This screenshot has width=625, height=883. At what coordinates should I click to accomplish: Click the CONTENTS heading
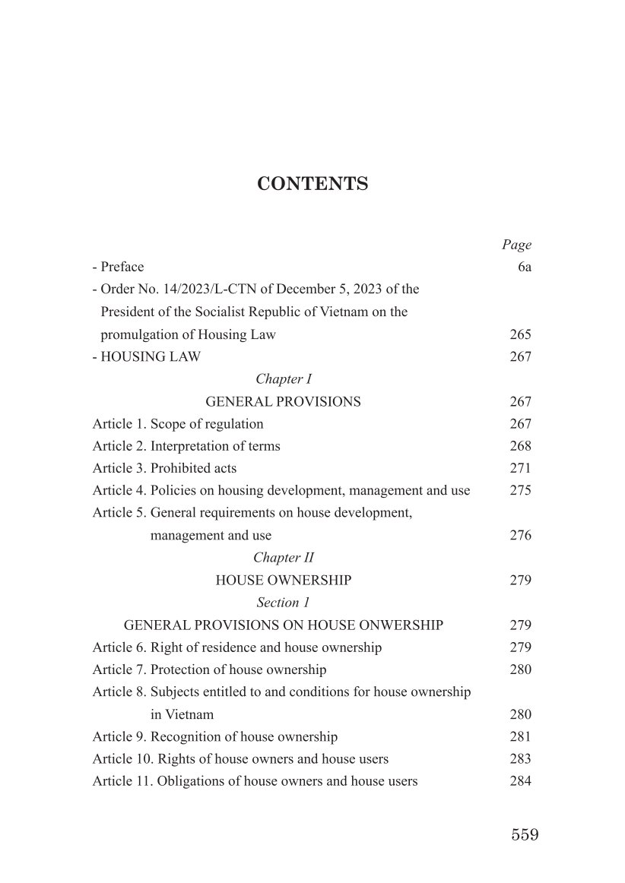pyautogui.click(x=312, y=184)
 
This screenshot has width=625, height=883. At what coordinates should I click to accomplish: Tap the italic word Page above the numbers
pyautogui.click(x=516, y=245)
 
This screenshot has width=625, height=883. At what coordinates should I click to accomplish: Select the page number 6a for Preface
pyautogui.click(x=522, y=267)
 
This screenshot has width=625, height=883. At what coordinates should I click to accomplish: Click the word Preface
pyautogui.click(x=122, y=267)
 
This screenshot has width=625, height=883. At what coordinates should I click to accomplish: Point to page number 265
pyautogui.click(x=520, y=334)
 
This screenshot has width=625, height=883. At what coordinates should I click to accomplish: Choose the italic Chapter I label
pyautogui.click(x=284, y=379)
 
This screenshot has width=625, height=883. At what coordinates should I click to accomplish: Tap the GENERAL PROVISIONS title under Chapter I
pyautogui.click(x=283, y=401)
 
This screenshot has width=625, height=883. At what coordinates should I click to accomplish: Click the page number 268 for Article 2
pyautogui.click(x=520, y=446)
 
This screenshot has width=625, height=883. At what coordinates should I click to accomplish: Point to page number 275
pyautogui.click(x=520, y=491)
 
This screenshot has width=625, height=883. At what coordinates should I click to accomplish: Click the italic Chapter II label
pyautogui.click(x=284, y=558)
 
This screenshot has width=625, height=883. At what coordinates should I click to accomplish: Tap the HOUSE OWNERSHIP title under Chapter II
pyautogui.click(x=284, y=581)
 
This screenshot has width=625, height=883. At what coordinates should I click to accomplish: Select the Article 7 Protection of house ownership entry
pyautogui.click(x=209, y=669)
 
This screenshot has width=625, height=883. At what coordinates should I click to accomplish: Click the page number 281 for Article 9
pyautogui.click(x=520, y=737)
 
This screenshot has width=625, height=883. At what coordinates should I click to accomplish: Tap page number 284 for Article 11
pyautogui.click(x=520, y=781)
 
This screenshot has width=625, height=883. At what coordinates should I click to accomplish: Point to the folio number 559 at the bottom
pyautogui.click(x=525, y=834)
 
